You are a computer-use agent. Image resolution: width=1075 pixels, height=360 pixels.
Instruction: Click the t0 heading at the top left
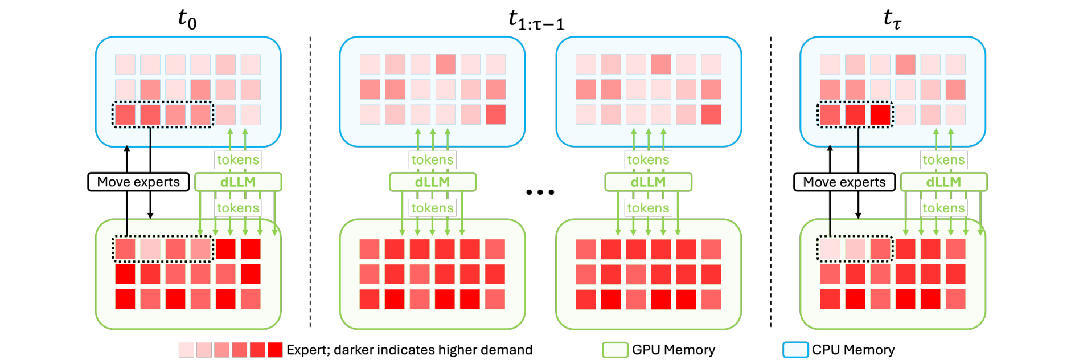pyautogui.click(x=187, y=19)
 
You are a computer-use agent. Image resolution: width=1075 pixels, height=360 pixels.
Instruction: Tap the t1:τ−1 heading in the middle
pyautogui.click(x=536, y=20)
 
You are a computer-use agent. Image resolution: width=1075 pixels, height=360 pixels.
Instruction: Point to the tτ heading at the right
pyautogui.click(x=892, y=19)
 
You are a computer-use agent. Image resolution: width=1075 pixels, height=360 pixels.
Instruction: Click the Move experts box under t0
pyautogui.click(x=138, y=182)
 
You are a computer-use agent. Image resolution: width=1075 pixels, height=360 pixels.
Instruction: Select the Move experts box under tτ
pyautogui.click(x=844, y=182)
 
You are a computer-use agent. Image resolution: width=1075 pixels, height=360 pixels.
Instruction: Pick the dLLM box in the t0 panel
pyautogui.click(x=238, y=182)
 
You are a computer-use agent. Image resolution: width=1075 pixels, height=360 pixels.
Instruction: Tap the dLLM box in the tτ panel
pyautogui.click(x=943, y=182)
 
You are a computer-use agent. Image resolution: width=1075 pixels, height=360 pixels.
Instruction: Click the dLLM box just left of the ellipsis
pyautogui.click(x=433, y=182)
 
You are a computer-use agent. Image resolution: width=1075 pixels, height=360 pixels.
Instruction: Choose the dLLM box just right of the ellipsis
pyautogui.click(x=648, y=182)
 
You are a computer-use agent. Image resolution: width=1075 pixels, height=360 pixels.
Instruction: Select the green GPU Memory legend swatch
pyautogui.click(x=615, y=350)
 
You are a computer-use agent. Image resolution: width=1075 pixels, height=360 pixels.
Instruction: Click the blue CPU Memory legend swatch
pyautogui.click(x=795, y=350)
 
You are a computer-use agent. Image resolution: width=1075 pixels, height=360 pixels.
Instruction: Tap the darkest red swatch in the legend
pyautogui.click(x=275, y=350)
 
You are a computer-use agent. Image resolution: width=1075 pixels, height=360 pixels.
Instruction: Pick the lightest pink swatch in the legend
pyautogui.click(x=186, y=350)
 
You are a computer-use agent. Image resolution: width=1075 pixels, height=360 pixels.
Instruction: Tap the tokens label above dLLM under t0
pyautogui.click(x=238, y=159)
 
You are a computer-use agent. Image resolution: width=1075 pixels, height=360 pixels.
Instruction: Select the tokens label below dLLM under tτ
pyautogui.click(x=943, y=208)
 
